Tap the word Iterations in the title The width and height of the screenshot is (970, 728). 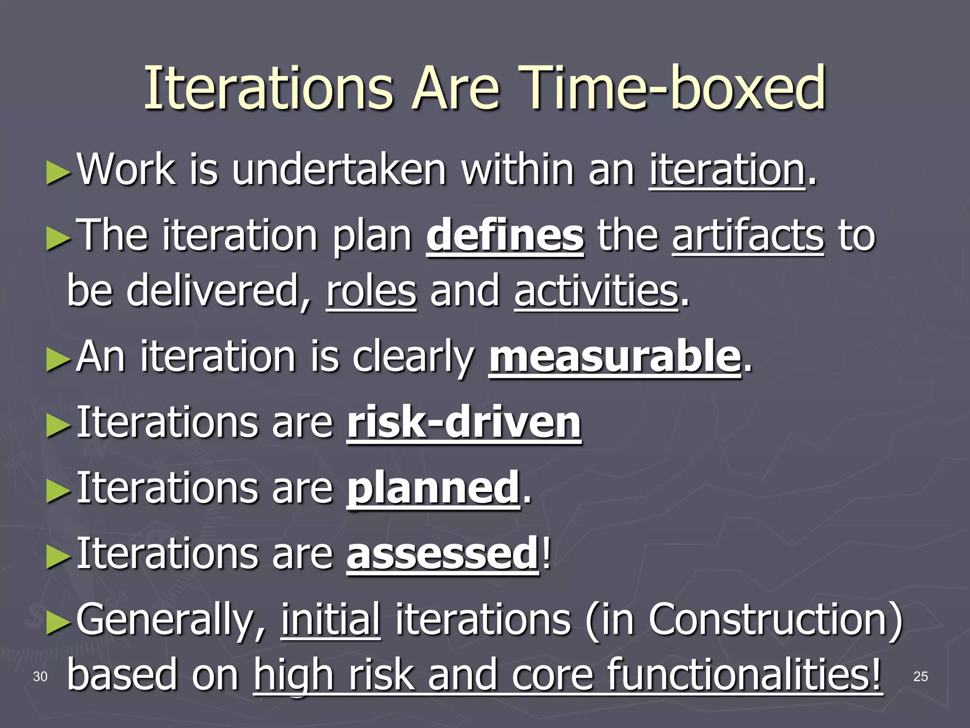268,88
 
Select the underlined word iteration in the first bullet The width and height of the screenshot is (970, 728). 727,170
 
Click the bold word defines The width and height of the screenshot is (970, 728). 505,236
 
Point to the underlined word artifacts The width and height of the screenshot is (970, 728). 748,236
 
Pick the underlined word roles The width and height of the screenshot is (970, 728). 371,291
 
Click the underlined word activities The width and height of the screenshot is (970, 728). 596,291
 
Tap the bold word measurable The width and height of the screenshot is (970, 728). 614,357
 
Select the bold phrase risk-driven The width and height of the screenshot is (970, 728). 464,422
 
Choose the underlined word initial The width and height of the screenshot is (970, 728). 331,619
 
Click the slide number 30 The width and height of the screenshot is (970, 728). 40,677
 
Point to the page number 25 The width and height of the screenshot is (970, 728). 920,677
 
